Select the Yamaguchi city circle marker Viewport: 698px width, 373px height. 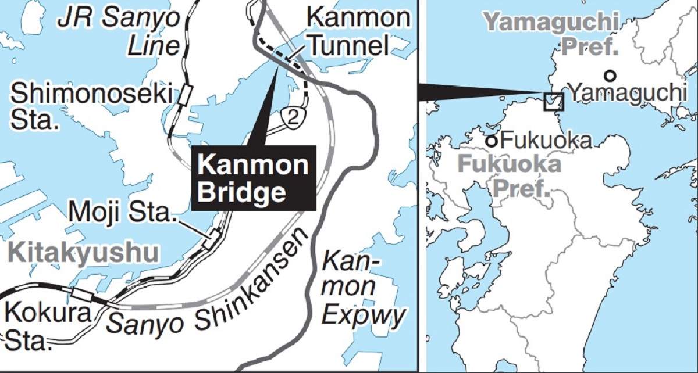point(609,75)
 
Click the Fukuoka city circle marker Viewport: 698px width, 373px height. point(492,140)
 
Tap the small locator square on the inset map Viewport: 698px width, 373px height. point(553,102)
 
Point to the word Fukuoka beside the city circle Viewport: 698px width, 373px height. point(546,140)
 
